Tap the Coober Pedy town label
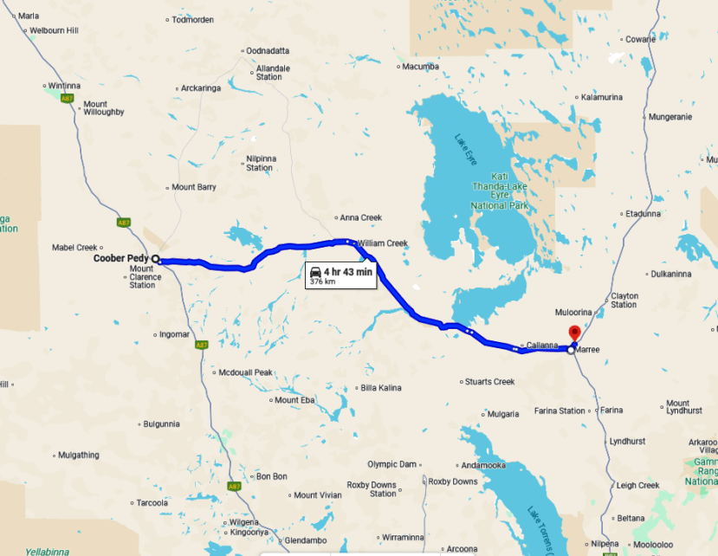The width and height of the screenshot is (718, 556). click(121, 258)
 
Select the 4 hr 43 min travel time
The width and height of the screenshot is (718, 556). click(349, 271)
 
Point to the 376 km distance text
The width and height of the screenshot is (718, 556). click(322, 281)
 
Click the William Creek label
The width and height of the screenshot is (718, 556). click(382, 243)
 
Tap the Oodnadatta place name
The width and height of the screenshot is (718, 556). click(268, 51)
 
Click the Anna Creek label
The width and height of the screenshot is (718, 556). click(359, 217)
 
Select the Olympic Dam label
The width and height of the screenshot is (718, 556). click(391, 464)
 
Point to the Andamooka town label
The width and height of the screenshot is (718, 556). click(483, 465)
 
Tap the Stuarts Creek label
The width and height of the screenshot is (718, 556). click(490, 382)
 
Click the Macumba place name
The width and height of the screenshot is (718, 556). click(421, 67)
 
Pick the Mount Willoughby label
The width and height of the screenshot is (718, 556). click(105, 107)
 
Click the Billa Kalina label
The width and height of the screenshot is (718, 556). click(381, 387)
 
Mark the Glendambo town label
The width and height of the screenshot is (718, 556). click(304, 539)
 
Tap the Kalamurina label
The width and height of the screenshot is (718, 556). click(603, 97)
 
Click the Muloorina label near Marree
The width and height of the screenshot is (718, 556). click(572, 312)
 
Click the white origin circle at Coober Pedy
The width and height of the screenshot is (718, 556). click(156, 259)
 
